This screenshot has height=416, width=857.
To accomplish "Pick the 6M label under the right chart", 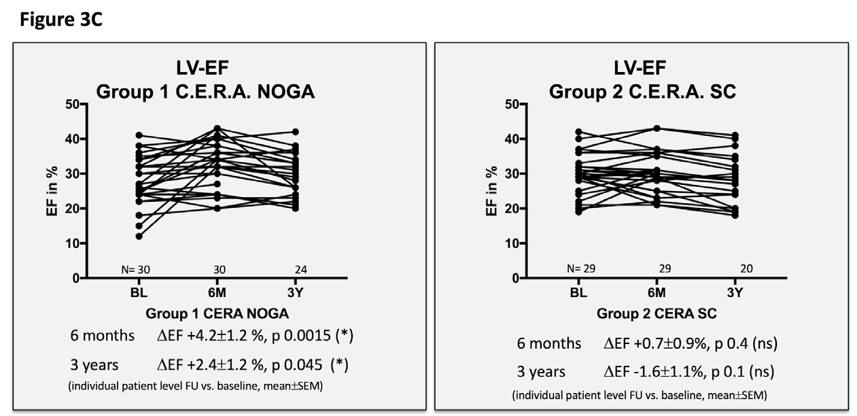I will (x=656, y=293).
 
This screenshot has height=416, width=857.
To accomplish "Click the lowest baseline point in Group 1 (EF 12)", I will (x=139, y=237).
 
